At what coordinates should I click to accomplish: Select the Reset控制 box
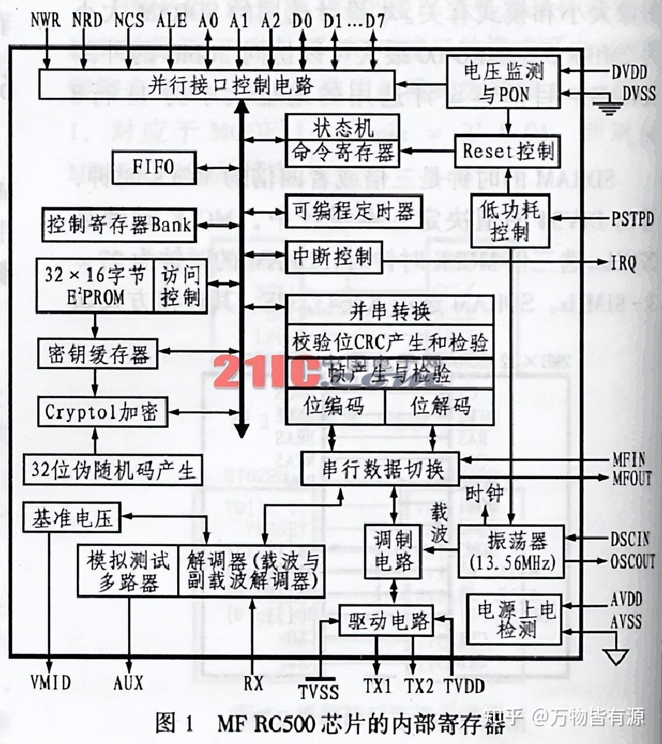tap(507, 151)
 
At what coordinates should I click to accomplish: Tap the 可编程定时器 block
tap(353, 211)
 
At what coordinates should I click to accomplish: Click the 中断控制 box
tap(333, 256)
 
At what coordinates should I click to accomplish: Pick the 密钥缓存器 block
tap(98, 353)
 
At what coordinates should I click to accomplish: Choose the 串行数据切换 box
tap(380, 469)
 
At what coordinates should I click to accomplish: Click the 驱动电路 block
tap(386, 621)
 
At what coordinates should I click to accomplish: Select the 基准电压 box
tap(72, 518)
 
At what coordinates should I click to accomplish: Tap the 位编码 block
tap(334, 406)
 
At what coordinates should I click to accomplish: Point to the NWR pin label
tap(45, 20)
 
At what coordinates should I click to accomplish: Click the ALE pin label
tap(171, 20)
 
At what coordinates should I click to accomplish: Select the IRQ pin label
tap(624, 263)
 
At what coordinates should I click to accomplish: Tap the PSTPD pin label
tap(632, 219)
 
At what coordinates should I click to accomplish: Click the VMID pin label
tap(51, 682)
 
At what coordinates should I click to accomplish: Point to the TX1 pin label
tap(378, 686)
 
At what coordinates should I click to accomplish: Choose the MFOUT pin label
tap(632, 479)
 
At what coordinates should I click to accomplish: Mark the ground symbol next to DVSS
tap(608, 107)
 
